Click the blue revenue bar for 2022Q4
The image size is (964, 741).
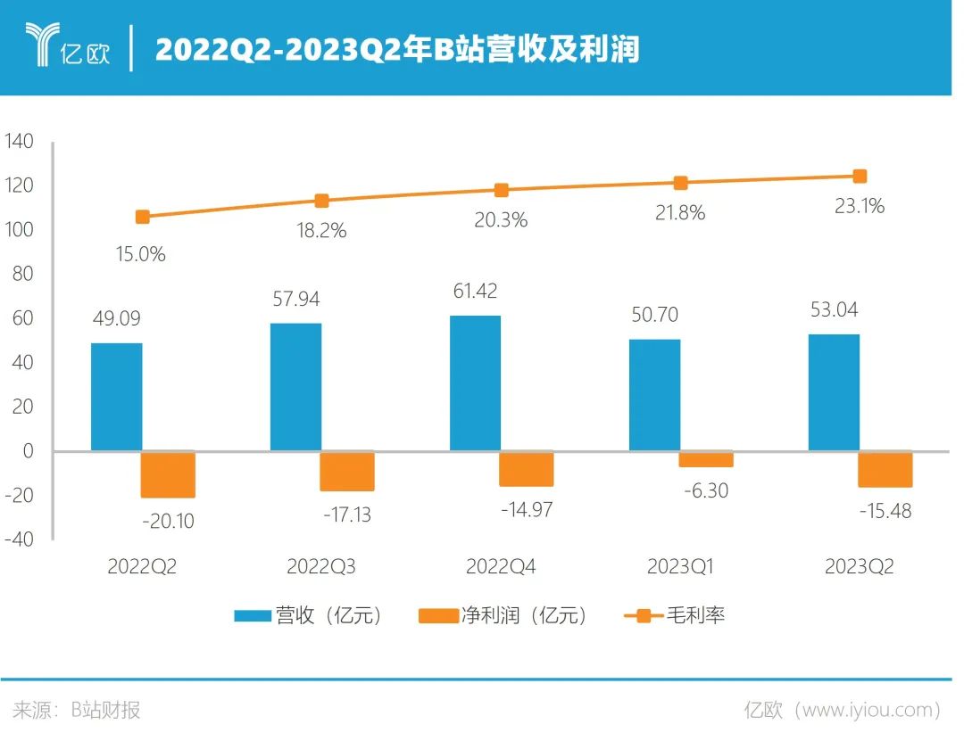[x=475, y=383]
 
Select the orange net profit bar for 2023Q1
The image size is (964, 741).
[x=705, y=459]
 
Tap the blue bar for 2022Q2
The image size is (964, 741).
[x=116, y=397]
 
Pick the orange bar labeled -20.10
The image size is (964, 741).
[x=168, y=474]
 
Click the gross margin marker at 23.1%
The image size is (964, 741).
[x=860, y=177]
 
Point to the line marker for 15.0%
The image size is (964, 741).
[x=142, y=217]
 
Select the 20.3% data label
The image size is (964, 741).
[x=501, y=219]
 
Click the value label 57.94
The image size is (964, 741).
[x=301, y=299]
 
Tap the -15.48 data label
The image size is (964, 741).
[x=885, y=512]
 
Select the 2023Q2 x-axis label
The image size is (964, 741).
[x=859, y=567]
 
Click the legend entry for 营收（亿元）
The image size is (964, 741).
[x=309, y=615]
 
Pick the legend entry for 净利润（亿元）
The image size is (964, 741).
[x=504, y=615]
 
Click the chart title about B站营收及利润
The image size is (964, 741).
[x=397, y=49]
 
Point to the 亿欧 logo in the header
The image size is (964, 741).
[x=68, y=47]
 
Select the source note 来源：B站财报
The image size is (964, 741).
[x=77, y=710]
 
